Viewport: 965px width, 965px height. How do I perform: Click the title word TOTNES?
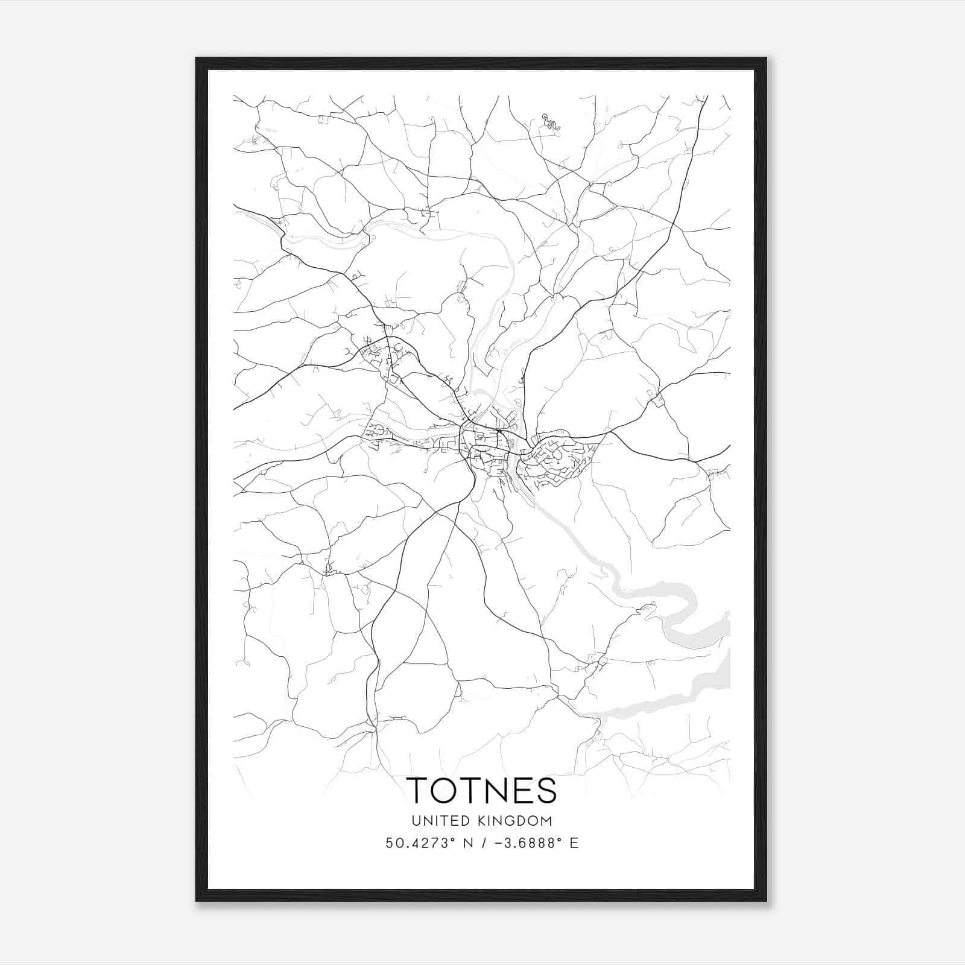click(x=481, y=790)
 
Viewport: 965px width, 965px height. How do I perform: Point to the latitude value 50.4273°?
click(x=420, y=843)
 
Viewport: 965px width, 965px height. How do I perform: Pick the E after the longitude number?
click(x=574, y=843)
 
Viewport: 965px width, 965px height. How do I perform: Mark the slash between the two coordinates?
click(x=481, y=843)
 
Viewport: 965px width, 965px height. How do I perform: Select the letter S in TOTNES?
click(x=545, y=790)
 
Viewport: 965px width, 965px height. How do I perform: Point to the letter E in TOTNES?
click(x=522, y=790)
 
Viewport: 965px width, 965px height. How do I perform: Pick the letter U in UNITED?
click(x=416, y=821)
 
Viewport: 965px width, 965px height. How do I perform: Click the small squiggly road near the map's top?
click(x=551, y=122)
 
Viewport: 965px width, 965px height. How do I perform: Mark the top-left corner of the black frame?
click(x=197, y=59)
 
